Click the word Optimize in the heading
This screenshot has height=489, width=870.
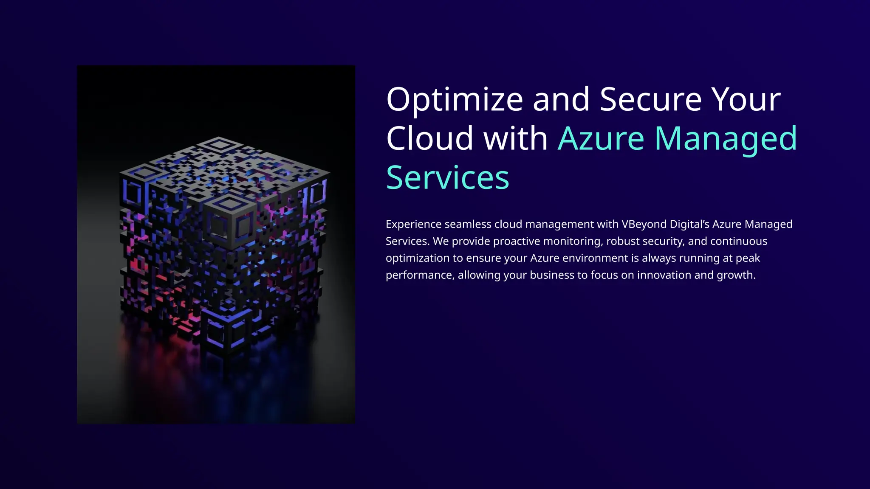[x=455, y=100]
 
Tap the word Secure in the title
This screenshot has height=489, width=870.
[x=651, y=99]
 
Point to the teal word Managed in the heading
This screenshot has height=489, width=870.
[x=726, y=139]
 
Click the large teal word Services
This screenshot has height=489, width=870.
[x=447, y=178]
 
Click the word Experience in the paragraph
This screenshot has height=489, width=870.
[x=413, y=225]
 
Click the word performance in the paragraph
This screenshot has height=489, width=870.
[x=419, y=275]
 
